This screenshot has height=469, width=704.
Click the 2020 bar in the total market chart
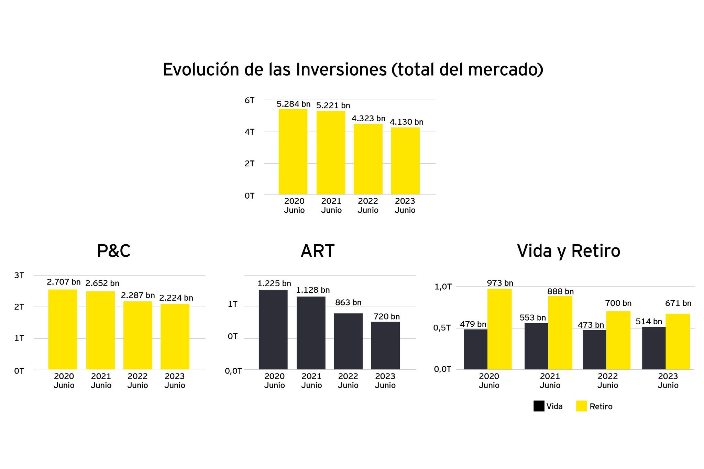[x=293, y=152]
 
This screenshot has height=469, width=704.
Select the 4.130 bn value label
[x=406, y=122]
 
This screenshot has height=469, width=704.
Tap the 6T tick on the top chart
[x=250, y=100]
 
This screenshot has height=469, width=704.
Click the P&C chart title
[x=114, y=251]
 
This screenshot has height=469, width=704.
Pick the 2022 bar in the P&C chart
[x=138, y=335]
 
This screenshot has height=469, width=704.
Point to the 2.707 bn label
[x=64, y=282]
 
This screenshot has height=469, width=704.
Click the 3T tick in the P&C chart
[x=19, y=275]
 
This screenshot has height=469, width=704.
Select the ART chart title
[x=317, y=251]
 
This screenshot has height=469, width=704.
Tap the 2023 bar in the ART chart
[x=385, y=345]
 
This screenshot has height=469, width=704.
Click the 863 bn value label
[x=348, y=302]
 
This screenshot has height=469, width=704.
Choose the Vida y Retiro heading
[x=569, y=251]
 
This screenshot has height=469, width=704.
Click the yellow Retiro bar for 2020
[x=499, y=329]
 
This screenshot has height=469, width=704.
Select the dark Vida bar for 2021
[x=536, y=346]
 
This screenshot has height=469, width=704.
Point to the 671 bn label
[x=678, y=303]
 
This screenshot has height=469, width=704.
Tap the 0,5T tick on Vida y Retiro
[x=442, y=328]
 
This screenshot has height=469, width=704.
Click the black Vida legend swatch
[x=539, y=406]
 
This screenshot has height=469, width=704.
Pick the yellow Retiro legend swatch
[x=582, y=406]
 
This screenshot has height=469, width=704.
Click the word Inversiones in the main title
[x=341, y=70]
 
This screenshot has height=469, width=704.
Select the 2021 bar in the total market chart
[x=331, y=153]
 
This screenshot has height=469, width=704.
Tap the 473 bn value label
[x=591, y=325]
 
